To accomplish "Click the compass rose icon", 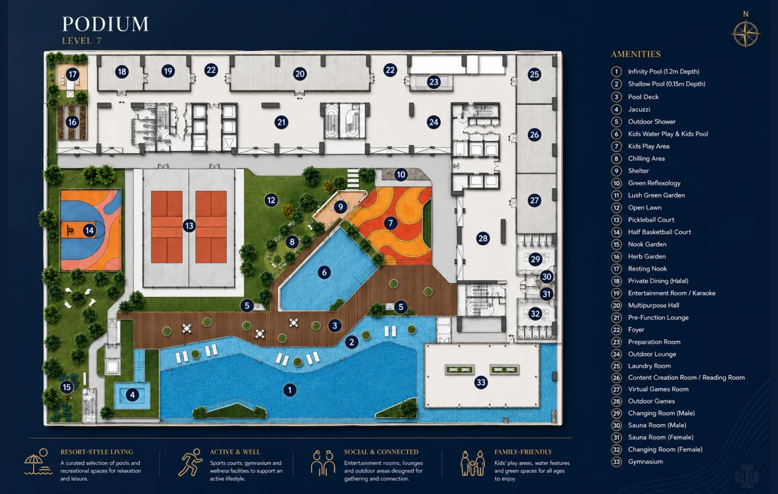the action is [746, 34].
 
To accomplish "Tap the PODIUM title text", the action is [106, 24].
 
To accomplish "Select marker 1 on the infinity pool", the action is [289, 390].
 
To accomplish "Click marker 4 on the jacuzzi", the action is [132, 395].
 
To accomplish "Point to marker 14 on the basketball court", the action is [89, 230].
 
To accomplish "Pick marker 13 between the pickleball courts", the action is [189, 226].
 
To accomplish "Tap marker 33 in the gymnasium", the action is [481, 382].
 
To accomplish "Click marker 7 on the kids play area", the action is [390, 223].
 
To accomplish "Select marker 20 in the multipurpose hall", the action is [299, 74].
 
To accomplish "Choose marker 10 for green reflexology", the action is [401, 174].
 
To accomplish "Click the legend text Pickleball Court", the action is [651, 220].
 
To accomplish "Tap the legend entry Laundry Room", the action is [649, 366].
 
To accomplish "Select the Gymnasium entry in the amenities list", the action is [645, 462].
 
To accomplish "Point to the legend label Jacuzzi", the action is [639, 110].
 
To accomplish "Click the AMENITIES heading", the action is [636, 54].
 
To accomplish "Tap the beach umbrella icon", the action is [38, 462].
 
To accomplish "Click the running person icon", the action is [190, 462].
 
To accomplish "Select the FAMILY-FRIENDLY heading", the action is [523, 452].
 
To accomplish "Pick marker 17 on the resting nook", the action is [72, 74].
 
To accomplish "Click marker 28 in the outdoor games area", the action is [483, 238].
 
